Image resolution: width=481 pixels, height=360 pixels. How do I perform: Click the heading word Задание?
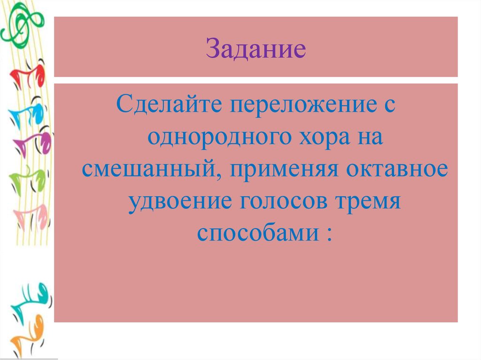(256, 49)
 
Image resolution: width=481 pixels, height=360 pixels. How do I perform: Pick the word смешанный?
(149, 170)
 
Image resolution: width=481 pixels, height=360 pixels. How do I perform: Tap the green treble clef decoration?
(21, 26)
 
